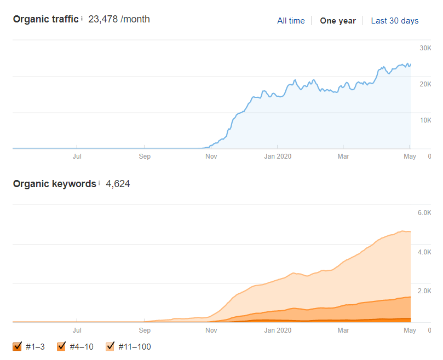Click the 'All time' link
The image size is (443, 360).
[291, 21]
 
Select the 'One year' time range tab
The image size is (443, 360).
[338, 21]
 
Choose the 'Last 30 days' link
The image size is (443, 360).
[395, 21]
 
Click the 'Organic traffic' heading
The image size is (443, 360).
[46, 19]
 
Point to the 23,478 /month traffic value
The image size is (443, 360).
[119, 19]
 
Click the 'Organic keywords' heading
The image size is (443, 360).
[55, 184]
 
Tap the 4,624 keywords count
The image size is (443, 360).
[118, 184]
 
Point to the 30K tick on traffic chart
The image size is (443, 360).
[425, 48]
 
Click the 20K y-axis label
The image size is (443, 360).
[425, 84]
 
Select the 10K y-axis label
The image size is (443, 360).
[425, 120]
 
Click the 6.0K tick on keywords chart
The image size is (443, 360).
[424, 213]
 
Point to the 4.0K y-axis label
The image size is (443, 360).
[424, 252]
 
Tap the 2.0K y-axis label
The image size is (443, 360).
[424, 291]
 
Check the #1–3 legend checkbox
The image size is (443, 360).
[17, 346]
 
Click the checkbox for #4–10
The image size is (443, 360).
[61, 346]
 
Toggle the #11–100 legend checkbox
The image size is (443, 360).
[110, 346]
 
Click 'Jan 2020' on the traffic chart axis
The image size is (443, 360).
[278, 156]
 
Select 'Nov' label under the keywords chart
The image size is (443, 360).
[211, 330]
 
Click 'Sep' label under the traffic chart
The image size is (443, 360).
[145, 156]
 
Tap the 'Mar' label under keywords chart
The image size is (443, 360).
[343, 330]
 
